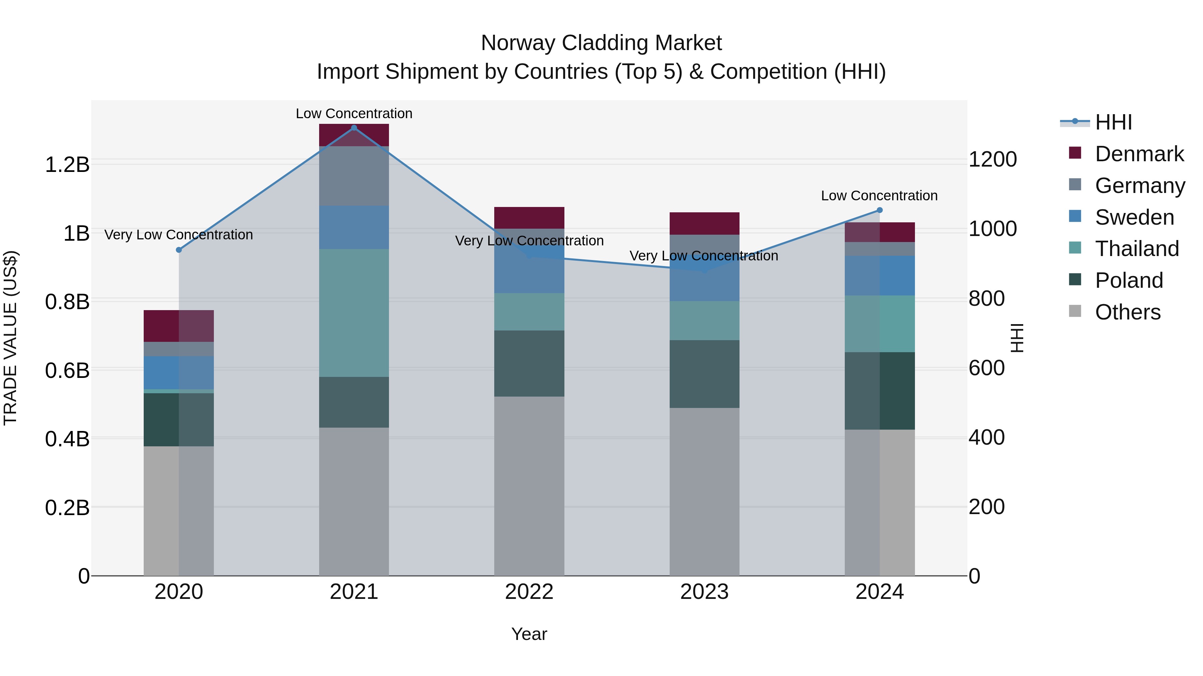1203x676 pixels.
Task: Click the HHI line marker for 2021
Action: (354, 128)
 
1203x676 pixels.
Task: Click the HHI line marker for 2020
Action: (178, 250)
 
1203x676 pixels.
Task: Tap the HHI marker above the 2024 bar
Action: (880, 210)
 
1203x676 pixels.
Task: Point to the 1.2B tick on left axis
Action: (67, 165)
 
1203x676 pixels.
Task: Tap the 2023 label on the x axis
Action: (704, 592)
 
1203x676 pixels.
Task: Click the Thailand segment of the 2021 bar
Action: (354, 312)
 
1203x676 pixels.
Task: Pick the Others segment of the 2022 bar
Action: (529, 485)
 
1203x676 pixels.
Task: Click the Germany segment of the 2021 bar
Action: (354, 176)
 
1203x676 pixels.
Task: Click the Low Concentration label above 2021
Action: (354, 114)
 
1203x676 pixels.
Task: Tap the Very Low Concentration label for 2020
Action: (178, 235)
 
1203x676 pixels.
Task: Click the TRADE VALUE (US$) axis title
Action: (10, 338)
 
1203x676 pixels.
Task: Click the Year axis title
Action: (529, 634)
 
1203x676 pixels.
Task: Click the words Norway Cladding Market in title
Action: (601, 43)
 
